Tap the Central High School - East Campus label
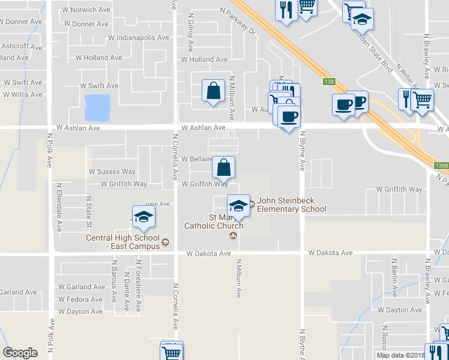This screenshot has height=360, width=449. pyautogui.click(x=124, y=242)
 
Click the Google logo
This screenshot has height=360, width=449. pyautogui.click(x=20, y=353)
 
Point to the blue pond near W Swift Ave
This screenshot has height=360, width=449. pyautogui.click(x=98, y=107)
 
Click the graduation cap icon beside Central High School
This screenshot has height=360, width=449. pyautogui.click(x=143, y=217)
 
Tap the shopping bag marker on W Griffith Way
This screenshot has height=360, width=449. pyautogui.click(x=223, y=168)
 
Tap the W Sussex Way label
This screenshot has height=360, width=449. pyautogui.click(x=112, y=172)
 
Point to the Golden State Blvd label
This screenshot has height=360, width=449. pyautogui.click(x=375, y=51)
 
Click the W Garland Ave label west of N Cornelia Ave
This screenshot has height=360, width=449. pyautogui.click(x=82, y=287)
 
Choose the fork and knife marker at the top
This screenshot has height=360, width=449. pyautogui.click(x=285, y=10)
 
